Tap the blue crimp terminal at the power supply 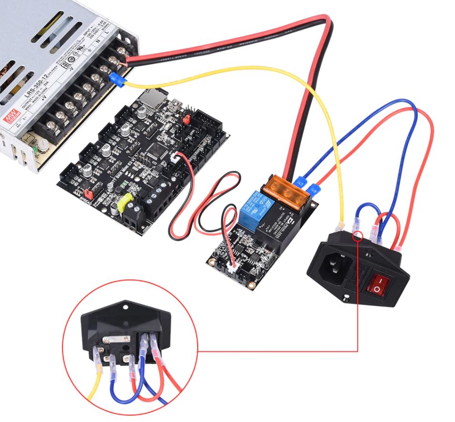(116, 80)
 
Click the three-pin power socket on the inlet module (334, 268)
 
